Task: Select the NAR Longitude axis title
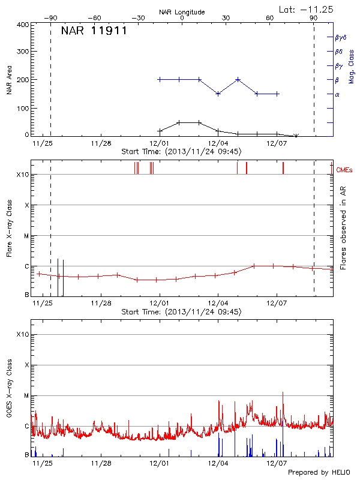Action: point(182,11)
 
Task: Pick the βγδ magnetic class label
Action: point(341,37)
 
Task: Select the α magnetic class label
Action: point(337,94)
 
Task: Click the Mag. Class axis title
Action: point(351,66)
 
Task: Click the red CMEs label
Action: point(345,170)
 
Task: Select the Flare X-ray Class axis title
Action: point(9,228)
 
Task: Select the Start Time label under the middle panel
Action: point(181,312)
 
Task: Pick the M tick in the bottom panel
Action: point(26,395)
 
